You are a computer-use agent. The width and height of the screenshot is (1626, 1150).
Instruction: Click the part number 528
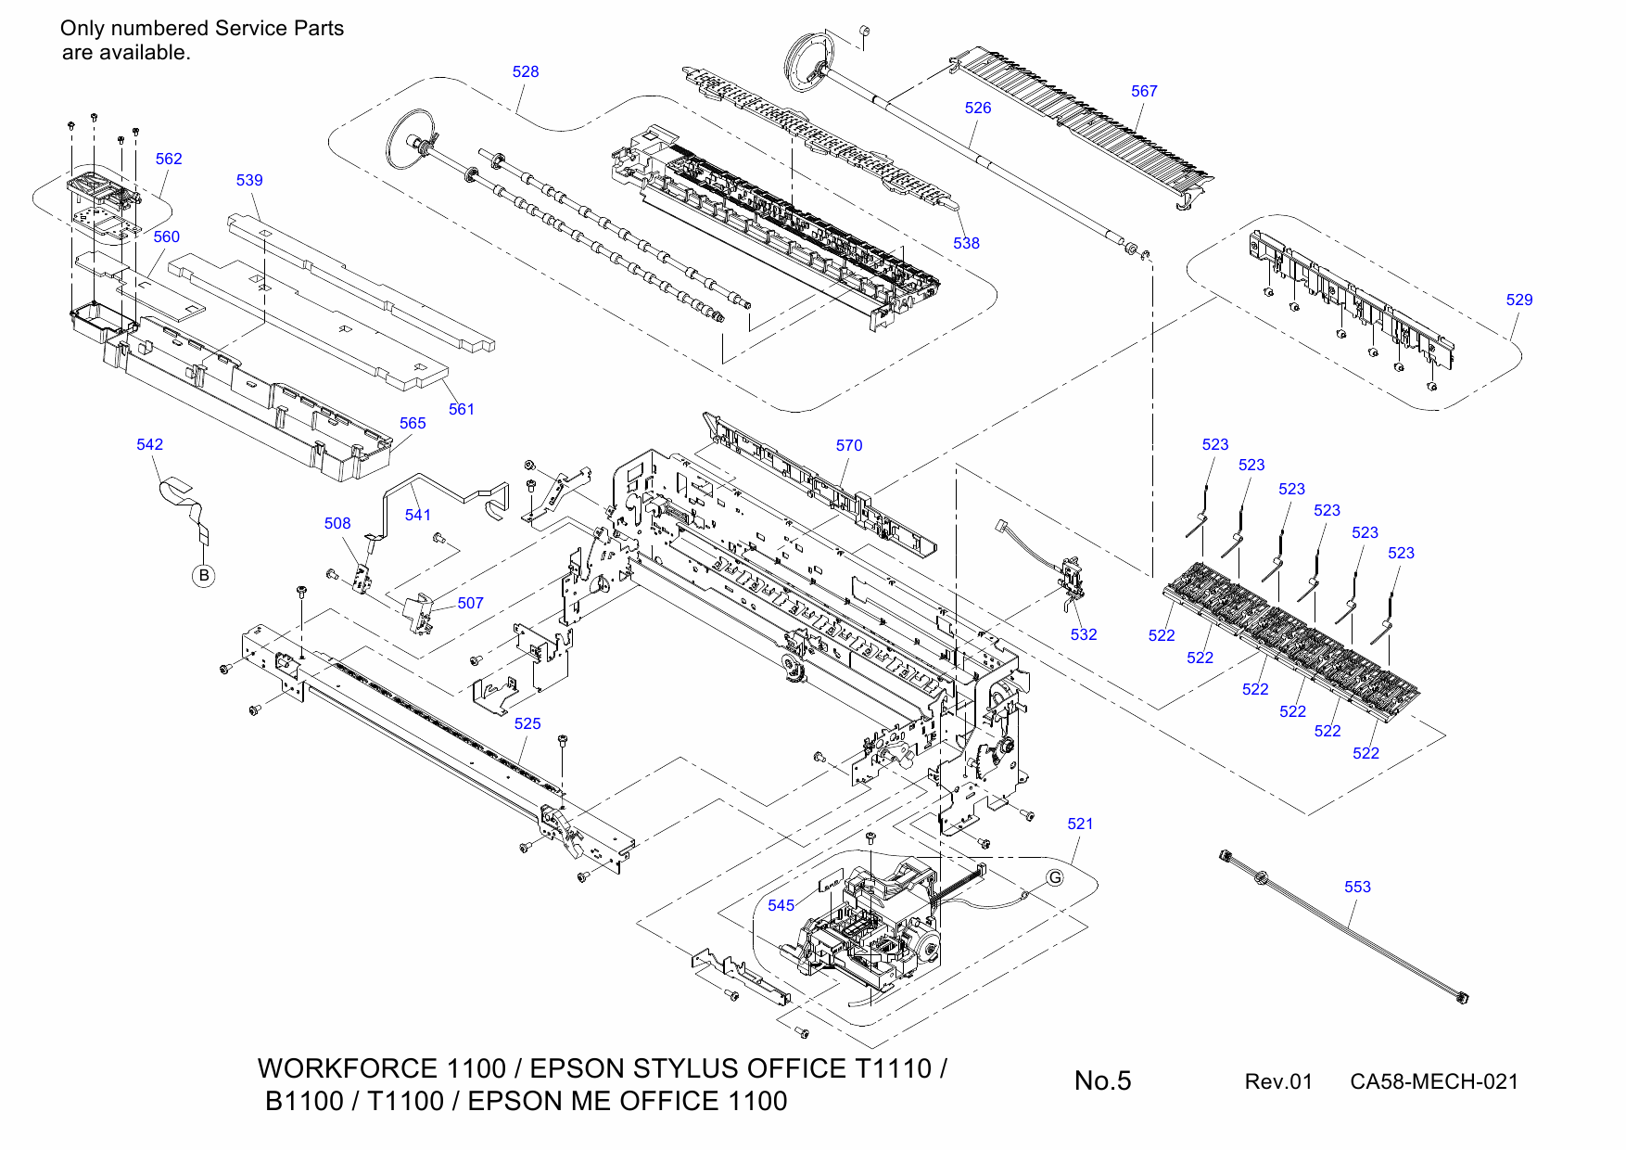(x=526, y=72)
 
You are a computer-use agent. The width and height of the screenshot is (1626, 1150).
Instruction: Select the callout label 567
(x=1144, y=91)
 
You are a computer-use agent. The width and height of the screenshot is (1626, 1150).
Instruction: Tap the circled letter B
(x=204, y=576)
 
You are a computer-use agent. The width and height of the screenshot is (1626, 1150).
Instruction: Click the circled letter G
(x=1055, y=877)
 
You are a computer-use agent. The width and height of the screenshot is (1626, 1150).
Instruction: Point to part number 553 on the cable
(x=1357, y=888)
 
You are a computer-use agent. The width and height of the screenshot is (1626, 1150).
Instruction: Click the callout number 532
(x=1083, y=635)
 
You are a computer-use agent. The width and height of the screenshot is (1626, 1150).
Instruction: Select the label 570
(x=848, y=446)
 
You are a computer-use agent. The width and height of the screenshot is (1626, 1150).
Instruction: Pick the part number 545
(x=781, y=906)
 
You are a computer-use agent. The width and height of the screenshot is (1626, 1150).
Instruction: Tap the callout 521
(x=1080, y=824)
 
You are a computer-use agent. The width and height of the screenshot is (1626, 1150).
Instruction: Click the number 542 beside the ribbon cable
(x=149, y=445)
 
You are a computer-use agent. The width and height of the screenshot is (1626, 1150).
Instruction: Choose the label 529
(x=1518, y=300)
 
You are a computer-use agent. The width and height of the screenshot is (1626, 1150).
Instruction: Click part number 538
(x=966, y=244)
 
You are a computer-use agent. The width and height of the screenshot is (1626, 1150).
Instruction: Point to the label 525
(x=527, y=724)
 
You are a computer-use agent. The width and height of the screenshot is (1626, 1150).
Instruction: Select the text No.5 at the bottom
(x=1102, y=1081)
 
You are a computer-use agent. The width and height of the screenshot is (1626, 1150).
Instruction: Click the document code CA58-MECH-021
(x=1433, y=1082)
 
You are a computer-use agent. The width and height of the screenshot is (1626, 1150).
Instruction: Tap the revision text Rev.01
(x=1278, y=1082)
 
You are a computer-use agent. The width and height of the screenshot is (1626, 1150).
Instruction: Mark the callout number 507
(x=470, y=604)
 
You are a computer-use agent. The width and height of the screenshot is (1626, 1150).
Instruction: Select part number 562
(x=169, y=160)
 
